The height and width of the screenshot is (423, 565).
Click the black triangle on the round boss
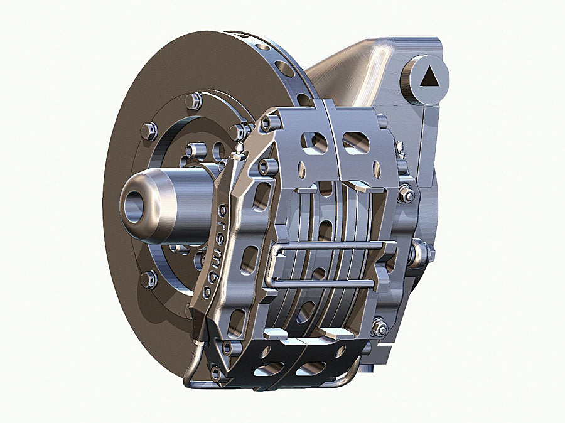click(x=430, y=77)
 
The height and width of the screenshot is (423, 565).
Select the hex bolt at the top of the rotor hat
click(x=193, y=100)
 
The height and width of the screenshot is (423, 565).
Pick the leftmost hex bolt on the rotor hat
click(x=149, y=131)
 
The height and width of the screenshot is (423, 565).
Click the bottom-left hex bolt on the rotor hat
click(x=149, y=279)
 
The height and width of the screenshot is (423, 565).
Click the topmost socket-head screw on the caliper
click(x=267, y=124)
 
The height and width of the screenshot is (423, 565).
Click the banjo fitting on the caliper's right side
click(x=419, y=254)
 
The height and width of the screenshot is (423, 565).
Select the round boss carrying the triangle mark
click(x=425, y=78)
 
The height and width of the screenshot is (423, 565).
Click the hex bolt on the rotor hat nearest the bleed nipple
click(x=236, y=132)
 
